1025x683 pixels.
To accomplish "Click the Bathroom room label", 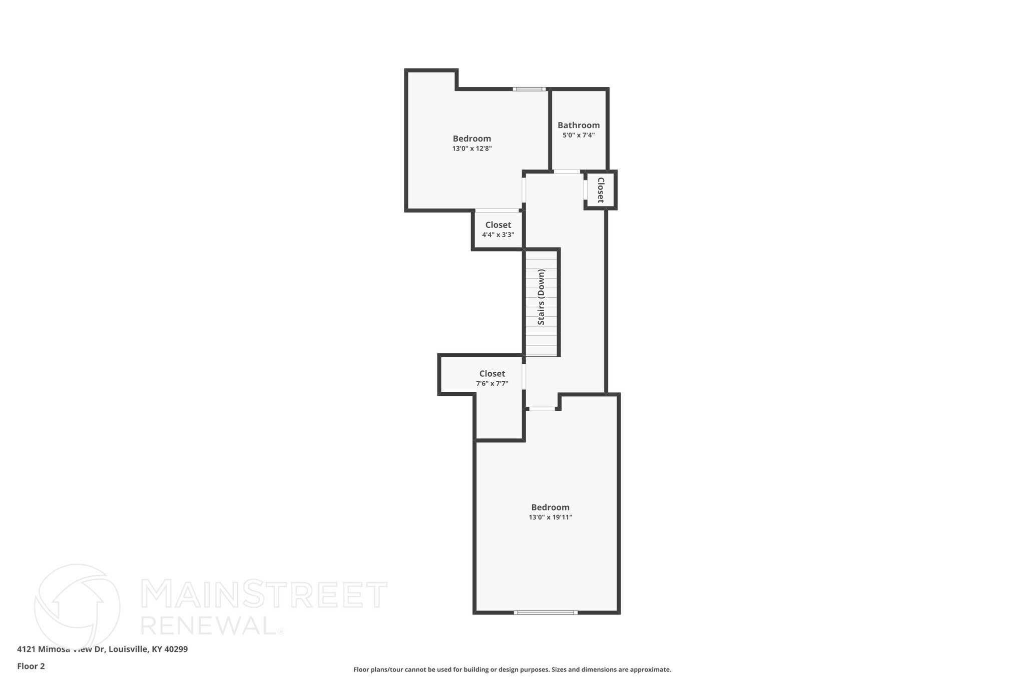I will tap(579, 125).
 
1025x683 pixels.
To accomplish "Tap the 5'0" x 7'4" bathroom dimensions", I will tap(579, 135).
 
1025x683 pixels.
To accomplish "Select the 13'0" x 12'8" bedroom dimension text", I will tap(472, 149).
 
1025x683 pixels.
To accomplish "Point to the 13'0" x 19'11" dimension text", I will tap(550, 517).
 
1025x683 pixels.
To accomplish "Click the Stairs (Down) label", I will tap(541, 297).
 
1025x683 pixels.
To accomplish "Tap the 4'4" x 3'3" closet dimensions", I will tap(498, 235).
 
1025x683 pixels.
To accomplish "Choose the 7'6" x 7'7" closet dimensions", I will tap(492, 384).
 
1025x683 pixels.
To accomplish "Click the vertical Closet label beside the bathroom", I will tap(601, 190).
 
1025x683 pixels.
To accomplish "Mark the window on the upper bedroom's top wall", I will tap(529, 89).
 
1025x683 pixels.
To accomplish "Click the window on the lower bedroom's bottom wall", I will tap(546, 612).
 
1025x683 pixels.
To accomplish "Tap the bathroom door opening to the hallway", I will tap(567, 172).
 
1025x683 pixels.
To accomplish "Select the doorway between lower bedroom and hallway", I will tap(543, 409).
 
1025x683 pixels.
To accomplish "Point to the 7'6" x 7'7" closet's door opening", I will tap(524, 376).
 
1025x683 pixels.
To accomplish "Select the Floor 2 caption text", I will tap(31, 666).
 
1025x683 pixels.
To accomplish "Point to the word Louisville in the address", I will tap(128, 649).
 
